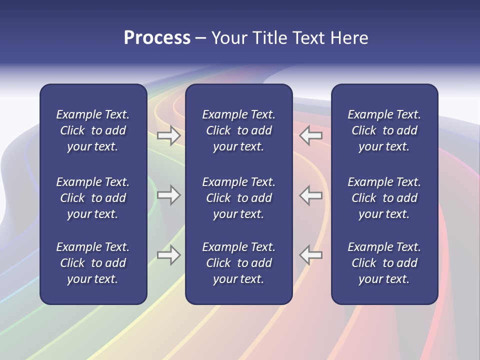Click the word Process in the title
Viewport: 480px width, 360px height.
point(157,38)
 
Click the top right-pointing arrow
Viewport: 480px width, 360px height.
point(168,135)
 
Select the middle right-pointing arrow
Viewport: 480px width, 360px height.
point(168,195)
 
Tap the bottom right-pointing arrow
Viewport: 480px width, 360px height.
point(168,255)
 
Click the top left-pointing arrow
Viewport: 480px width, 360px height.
point(311,135)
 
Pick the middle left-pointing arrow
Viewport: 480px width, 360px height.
point(311,195)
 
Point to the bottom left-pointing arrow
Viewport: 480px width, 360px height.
point(311,255)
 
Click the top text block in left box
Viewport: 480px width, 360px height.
point(93,130)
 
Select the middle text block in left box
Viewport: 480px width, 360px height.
point(93,198)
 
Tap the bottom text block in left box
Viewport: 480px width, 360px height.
point(93,263)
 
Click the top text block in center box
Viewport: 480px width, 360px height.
point(239,130)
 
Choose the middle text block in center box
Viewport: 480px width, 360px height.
point(239,198)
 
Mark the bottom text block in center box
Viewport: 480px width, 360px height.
point(239,263)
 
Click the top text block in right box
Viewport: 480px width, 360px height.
point(384,130)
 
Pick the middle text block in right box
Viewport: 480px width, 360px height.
point(384,198)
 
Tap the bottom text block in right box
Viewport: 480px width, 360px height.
point(384,263)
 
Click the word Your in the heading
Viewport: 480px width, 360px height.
point(228,38)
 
